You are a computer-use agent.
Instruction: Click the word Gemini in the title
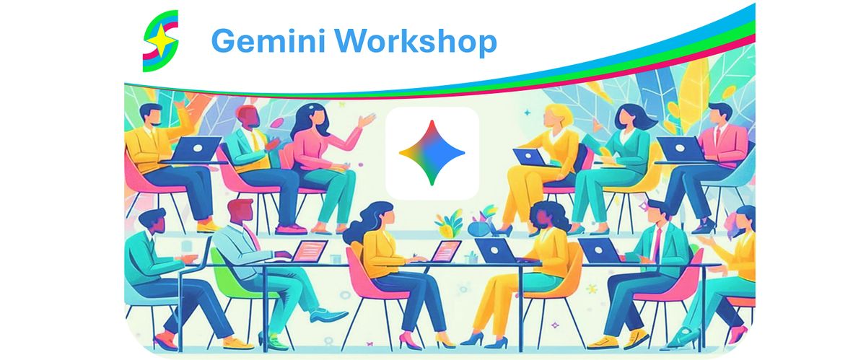(x=268, y=40)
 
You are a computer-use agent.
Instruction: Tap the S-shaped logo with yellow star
(x=161, y=41)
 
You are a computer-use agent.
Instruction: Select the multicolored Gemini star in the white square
(x=432, y=153)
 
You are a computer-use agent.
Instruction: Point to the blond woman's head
(x=556, y=115)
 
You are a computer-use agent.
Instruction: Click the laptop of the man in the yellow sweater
(x=196, y=149)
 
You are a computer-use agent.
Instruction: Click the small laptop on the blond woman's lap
(x=530, y=157)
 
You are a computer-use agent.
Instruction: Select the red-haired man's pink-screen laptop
(x=310, y=250)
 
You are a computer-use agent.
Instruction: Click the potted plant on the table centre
(x=449, y=223)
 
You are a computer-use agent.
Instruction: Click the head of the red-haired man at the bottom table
(x=241, y=211)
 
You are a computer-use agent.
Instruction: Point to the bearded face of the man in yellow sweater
(x=152, y=115)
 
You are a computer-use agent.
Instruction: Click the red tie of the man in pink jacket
(x=718, y=136)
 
